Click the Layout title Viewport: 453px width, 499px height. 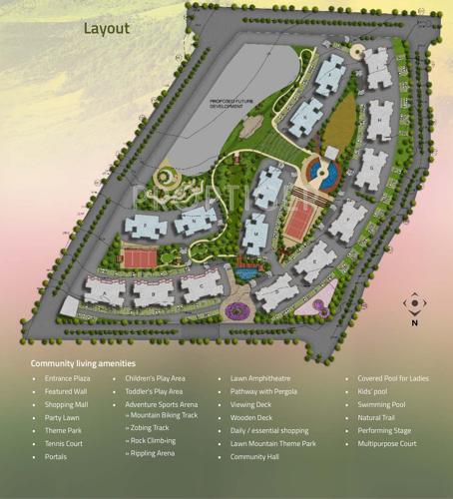click(x=107, y=28)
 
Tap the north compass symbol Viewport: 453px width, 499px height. click(x=414, y=303)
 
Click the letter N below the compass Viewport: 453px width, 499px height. click(x=414, y=322)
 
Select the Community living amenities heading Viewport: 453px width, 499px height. click(x=83, y=363)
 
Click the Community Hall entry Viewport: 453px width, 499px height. click(x=253, y=457)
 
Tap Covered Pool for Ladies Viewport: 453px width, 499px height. click(x=393, y=379)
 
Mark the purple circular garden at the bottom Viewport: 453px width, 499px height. click(x=237, y=310)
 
